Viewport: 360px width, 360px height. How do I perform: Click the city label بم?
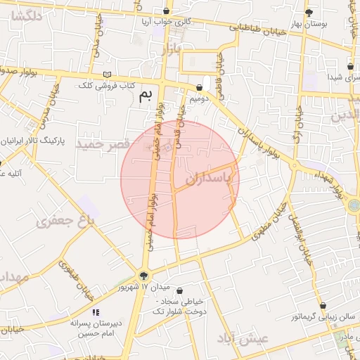(146, 96)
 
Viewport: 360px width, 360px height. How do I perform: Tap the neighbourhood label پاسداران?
(208, 179)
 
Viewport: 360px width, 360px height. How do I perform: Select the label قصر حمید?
(103, 144)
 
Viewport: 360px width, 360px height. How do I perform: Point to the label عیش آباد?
(243, 338)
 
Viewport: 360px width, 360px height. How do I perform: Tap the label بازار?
(171, 50)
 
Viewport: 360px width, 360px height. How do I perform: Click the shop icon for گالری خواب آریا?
(167, 11)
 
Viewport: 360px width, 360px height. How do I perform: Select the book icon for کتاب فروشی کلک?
(107, 74)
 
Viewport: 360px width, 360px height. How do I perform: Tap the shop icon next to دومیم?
(200, 88)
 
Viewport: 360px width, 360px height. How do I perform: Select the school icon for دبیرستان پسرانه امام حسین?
(96, 312)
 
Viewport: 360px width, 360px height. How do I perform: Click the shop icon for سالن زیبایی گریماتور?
(323, 305)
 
